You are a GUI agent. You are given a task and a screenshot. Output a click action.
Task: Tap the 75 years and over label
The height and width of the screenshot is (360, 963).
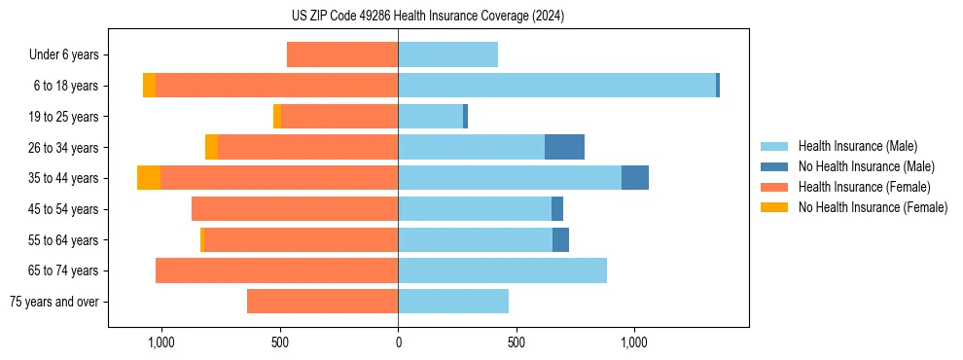coord(54,302)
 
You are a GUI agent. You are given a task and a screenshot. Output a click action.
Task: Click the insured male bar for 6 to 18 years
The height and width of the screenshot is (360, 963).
coord(556,86)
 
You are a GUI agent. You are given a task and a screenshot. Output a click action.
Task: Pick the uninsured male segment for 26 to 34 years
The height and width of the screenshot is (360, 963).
coord(564,147)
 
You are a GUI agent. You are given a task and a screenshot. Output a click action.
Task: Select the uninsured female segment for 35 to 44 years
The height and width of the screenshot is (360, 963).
coord(149,178)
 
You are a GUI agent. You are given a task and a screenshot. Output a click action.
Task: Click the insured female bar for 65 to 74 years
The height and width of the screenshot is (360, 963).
coord(276,270)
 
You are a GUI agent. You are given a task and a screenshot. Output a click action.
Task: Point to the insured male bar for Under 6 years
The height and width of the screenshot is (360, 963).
coord(447,54)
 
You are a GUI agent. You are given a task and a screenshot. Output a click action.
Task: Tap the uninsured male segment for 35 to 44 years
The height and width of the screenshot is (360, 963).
coord(634,178)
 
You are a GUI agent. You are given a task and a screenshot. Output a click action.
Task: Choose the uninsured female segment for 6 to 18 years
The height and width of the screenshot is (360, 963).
coord(149,86)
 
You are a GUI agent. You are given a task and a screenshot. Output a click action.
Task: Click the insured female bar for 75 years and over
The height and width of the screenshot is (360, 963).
coord(322,302)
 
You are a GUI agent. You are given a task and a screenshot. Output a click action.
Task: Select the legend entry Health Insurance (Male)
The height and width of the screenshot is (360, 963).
coord(857,146)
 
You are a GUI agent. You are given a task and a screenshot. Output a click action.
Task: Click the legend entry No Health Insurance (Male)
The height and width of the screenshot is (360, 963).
coord(866,166)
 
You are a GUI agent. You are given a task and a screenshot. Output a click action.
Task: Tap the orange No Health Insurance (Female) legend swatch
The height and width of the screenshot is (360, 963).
coord(774,207)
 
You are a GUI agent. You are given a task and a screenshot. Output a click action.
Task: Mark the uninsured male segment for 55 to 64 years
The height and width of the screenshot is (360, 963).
coord(560,239)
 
